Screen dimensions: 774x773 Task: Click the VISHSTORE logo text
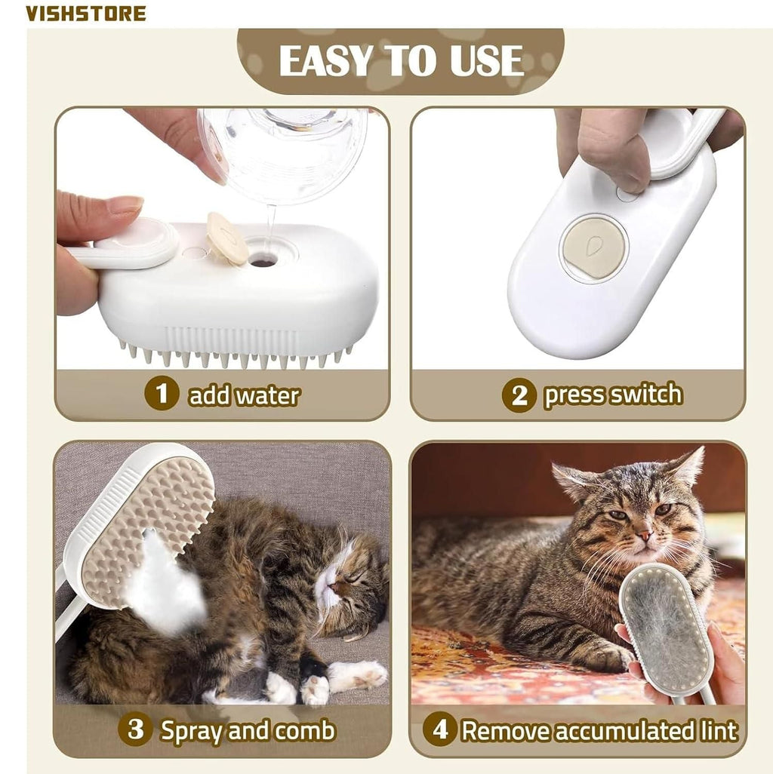[86, 13]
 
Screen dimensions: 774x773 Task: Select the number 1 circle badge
[162, 395]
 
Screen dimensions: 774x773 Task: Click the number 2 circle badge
[519, 395]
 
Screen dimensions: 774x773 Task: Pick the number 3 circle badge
[135, 729]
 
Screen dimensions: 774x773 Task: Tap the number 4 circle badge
[439, 729]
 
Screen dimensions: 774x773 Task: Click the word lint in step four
[716, 730]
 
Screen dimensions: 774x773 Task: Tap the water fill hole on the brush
[263, 262]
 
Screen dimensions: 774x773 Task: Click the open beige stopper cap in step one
[227, 238]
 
